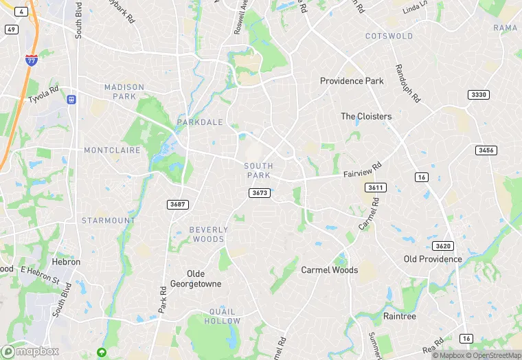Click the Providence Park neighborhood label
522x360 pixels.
click(352, 81)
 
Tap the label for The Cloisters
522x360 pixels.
click(366, 117)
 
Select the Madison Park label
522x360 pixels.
click(124, 91)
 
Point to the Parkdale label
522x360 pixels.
click(200, 122)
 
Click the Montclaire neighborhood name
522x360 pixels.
click(112, 150)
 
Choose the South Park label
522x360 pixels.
click(258, 170)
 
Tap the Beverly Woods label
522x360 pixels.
click(207, 234)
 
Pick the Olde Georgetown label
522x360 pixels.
click(196, 278)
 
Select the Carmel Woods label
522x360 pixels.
click(330, 270)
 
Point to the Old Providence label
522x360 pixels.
click(433, 259)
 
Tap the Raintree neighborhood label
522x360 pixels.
click(400, 316)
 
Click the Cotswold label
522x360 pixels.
click(389, 36)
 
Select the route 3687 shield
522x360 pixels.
click(177, 205)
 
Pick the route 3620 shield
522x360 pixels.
click(442, 246)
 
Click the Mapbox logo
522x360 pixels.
click(31, 351)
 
